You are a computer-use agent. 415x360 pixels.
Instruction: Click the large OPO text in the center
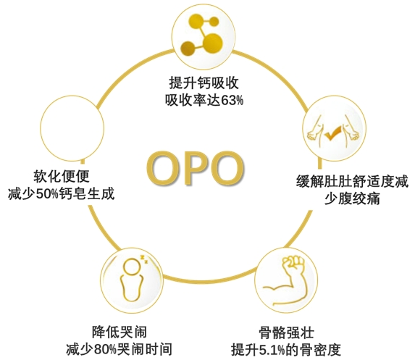tap(195, 168)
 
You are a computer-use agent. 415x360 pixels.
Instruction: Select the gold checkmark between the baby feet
tap(333, 133)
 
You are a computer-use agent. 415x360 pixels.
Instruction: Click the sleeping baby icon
tap(133, 278)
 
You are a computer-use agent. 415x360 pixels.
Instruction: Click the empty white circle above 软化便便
tap(72, 128)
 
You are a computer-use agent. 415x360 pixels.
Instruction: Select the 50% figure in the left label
tap(47, 194)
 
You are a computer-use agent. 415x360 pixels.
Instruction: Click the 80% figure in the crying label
tap(105, 349)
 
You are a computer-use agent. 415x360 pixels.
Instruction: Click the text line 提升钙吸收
tap(204, 83)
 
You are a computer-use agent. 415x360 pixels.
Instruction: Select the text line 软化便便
tap(62, 176)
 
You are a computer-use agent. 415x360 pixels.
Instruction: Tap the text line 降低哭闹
tap(120, 332)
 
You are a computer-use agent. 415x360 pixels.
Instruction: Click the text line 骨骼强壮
tap(286, 332)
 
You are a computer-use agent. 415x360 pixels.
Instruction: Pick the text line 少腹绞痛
tap(352, 198)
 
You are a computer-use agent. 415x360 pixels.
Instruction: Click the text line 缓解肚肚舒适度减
tap(352, 182)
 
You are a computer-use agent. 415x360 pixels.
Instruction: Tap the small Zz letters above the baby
tap(143, 259)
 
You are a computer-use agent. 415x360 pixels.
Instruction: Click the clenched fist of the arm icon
tap(293, 264)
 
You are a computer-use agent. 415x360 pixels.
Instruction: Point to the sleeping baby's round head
tap(132, 267)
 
